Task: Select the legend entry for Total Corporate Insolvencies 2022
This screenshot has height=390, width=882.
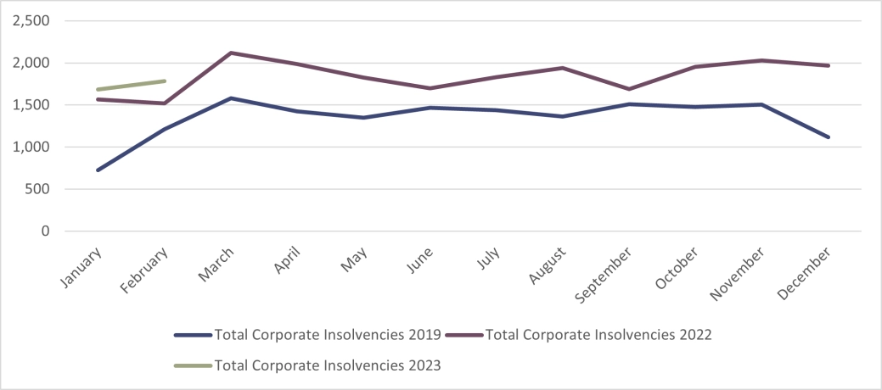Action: pos(599,334)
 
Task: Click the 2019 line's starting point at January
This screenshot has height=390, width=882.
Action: pos(98,170)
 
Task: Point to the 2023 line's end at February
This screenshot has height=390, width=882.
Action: pos(165,81)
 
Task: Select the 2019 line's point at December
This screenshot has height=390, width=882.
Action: pos(829,137)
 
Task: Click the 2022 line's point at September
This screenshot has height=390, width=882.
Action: pos(629,89)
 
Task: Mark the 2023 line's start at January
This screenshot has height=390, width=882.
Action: pos(98,89)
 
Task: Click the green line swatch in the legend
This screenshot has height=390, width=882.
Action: pos(193,365)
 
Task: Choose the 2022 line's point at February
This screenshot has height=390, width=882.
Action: pos(165,103)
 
